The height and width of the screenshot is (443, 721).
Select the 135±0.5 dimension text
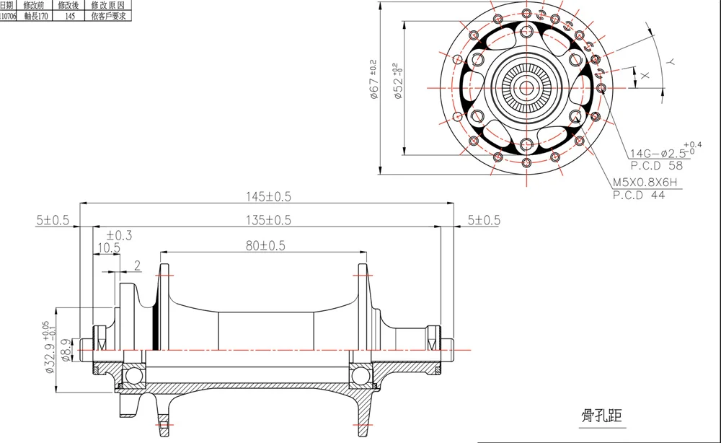click(268, 220)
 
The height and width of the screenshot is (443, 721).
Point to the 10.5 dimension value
click(108, 247)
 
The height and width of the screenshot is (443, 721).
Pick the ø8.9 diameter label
click(66, 348)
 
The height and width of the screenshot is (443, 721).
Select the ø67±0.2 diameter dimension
click(373, 79)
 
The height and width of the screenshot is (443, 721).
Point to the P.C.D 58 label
click(656, 165)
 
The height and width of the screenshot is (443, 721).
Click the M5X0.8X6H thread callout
click(646, 183)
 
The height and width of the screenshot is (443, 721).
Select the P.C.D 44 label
click(639, 195)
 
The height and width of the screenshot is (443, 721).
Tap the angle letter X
click(645, 74)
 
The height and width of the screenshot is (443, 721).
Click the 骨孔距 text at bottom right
click(601, 415)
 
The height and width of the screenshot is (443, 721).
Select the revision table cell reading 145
click(70, 15)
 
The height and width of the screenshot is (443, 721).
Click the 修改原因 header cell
click(107, 5)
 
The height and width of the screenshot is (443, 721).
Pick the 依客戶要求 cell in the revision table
click(107, 15)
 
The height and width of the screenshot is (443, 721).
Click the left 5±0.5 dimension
click(53, 220)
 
